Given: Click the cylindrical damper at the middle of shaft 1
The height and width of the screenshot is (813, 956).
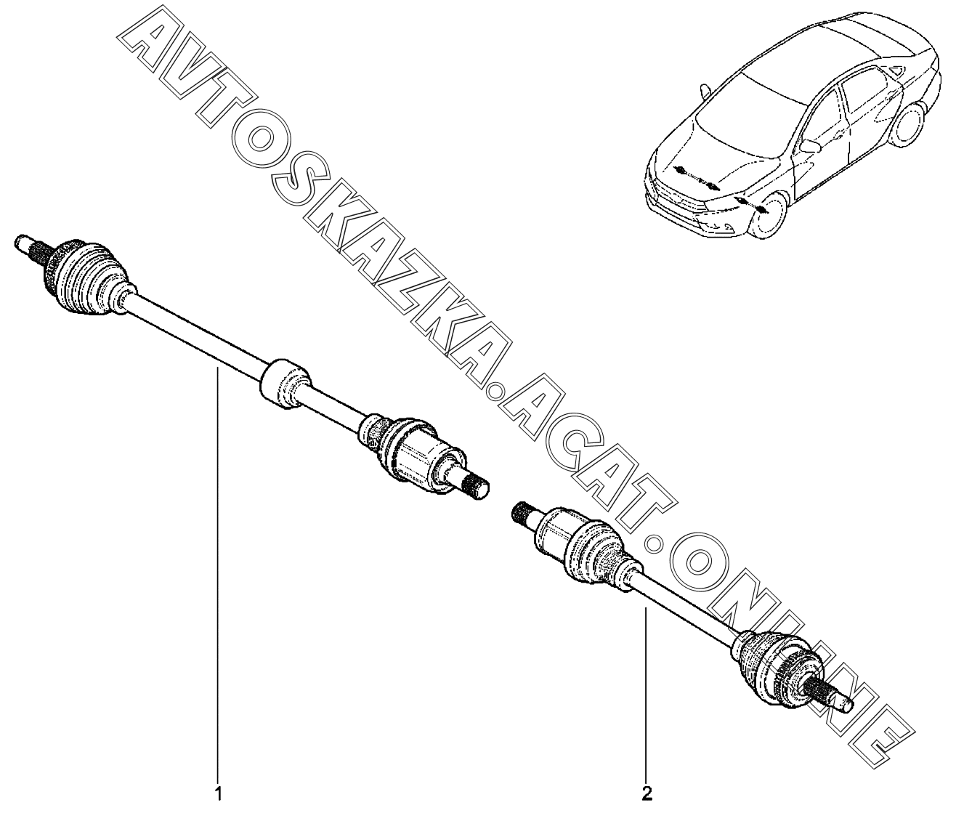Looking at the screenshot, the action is pyautogui.click(x=285, y=383).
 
